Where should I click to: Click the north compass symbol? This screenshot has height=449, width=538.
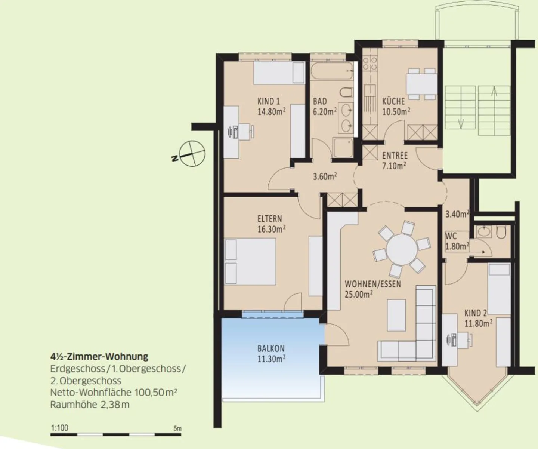[x=192, y=153]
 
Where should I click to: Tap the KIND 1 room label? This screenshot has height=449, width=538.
[x=269, y=101]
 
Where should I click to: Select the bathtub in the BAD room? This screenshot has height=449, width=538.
[x=331, y=71]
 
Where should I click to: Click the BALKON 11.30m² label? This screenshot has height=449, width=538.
[x=271, y=353]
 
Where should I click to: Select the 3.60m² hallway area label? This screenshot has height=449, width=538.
[x=325, y=176]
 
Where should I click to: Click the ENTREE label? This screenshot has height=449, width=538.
[x=395, y=156]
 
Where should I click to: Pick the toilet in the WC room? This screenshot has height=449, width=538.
[x=501, y=233]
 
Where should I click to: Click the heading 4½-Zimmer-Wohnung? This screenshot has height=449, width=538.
[x=99, y=356]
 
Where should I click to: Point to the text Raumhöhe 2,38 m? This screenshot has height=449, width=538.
[x=90, y=405]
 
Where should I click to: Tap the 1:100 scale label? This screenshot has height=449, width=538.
[x=59, y=428]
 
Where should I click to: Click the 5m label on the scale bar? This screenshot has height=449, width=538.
[x=177, y=428]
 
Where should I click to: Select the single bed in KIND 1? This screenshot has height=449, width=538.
[x=279, y=73]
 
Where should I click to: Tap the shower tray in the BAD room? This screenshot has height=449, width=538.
[x=343, y=148]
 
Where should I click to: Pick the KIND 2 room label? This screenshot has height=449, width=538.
[x=476, y=313]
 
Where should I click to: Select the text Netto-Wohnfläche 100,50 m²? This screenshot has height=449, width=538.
[x=114, y=393]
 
